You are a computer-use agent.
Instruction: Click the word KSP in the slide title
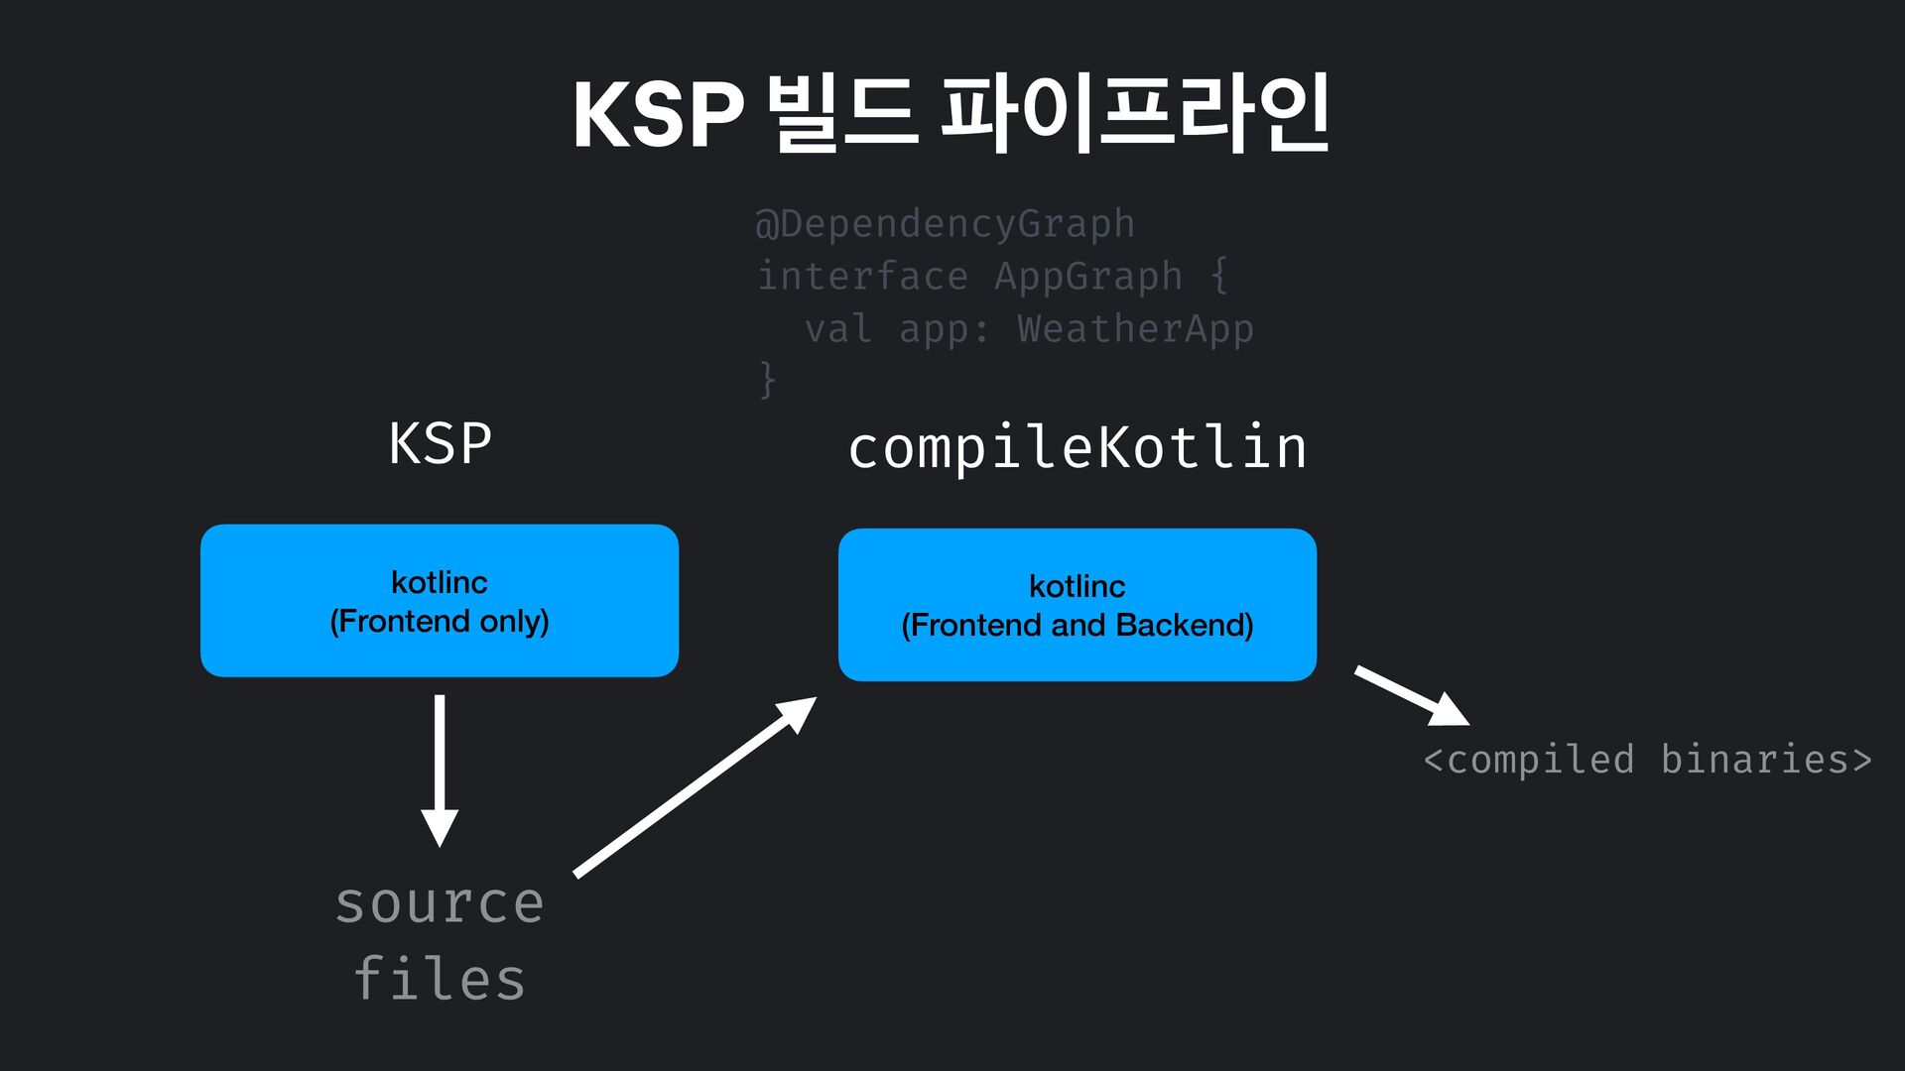(x=658, y=115)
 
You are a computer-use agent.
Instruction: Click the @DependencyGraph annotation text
(x=945, y=224)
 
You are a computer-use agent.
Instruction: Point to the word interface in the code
(x=862, y=276)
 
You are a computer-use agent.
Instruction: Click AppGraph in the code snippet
(x=1088, y=276)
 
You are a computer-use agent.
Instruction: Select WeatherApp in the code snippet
(x=1135, y=328)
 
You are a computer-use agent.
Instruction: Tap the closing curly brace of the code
(x=767, y=379)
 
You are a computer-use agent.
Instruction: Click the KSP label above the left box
(x=440, y=443)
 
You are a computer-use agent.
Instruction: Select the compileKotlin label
(x=1078, y=447)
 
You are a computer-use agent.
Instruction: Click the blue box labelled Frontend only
(x=440, y=601)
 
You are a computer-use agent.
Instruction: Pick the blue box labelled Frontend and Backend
(x=1078, y=605)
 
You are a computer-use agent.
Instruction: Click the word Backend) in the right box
(x=1185, y=625)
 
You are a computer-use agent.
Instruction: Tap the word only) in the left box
(x=514, y=622)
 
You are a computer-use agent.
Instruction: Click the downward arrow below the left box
(x=440, y=770)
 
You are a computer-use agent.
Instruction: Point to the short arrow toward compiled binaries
(x=1411, y=695)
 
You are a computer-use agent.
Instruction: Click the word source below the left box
(x=440, y=903)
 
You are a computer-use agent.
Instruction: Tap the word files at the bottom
(x=440, y=979)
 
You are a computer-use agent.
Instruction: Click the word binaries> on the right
(x=1766, y=760)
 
